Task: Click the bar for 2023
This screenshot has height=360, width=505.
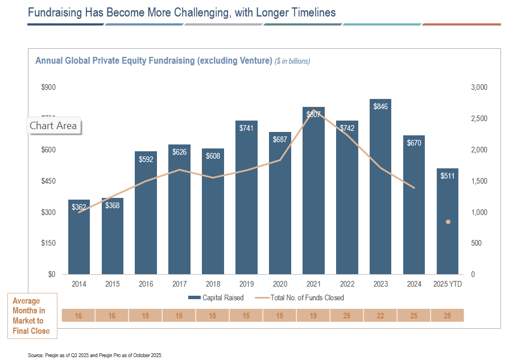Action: pos(380,188)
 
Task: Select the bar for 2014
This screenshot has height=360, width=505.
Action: pos(79,239)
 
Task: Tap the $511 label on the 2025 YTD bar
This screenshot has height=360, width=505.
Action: pos(448,176)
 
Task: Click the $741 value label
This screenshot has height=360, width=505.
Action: pos(246,128)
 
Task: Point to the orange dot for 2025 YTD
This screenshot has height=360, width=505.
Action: pos(448,222)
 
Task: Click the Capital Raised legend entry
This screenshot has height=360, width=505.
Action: pos(216,297)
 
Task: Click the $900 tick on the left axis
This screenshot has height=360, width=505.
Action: pos(48,87)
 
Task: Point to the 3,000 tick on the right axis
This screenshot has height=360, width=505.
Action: pos(479,87)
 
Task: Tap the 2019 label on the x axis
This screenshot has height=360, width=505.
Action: pos(246,284)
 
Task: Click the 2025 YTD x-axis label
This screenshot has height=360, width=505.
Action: pos(448,284)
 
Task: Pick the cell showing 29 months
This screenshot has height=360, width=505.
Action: pos(347,315)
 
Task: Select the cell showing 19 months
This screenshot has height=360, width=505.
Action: pos(313,315)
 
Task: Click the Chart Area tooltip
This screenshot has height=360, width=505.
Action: pos(53,126)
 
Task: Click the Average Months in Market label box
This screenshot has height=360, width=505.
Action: pos(32,316)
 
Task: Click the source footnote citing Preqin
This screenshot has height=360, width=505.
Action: pos(95,355)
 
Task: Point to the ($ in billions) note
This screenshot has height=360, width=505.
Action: pos(292,61)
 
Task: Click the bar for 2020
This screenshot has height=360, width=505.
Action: pos(280,205)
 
